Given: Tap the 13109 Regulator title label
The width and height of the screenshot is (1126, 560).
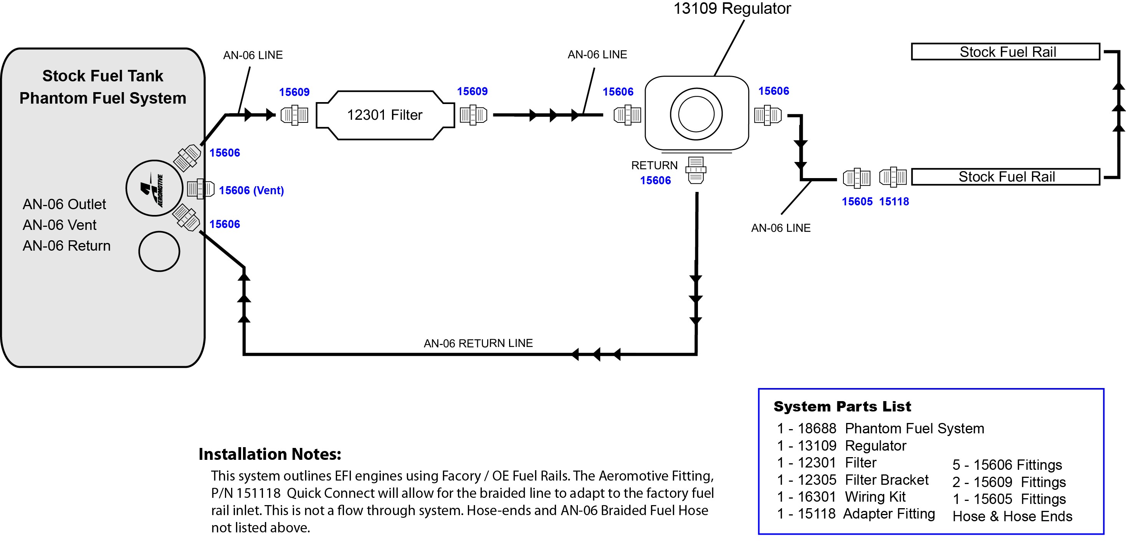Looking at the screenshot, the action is point(732,8).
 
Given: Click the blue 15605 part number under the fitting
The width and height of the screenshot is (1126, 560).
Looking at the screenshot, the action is point(857,202).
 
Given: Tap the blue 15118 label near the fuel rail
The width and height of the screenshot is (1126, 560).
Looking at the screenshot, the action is point(894,202).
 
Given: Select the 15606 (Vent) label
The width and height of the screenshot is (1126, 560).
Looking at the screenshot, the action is point(251,191).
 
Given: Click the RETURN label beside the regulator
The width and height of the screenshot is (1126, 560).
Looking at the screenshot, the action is point(654,165).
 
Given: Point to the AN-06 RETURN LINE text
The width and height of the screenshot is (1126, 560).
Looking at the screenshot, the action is point(478,343).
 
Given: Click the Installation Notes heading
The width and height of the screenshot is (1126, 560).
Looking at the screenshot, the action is point(270,454).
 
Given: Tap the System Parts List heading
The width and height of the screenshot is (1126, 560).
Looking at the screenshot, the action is point(842,406).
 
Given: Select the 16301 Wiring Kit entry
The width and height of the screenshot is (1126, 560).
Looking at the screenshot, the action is point(842,497).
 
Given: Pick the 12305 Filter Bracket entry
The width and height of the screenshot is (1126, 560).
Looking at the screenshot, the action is point(853,480).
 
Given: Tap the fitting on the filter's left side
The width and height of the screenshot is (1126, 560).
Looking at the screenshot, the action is point(294,116).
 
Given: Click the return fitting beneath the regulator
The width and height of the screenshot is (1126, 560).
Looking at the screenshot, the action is point(696,170).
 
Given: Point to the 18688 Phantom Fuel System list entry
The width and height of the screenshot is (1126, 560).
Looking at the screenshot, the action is point(881,429).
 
